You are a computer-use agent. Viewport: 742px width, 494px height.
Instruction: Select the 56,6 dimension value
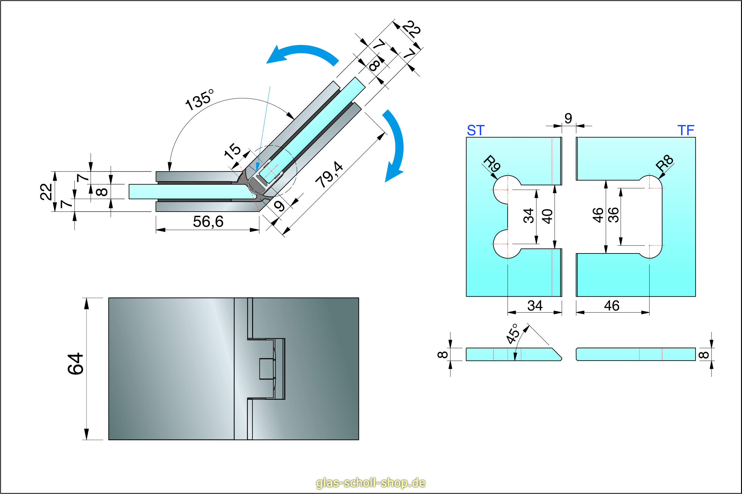coord(208,221)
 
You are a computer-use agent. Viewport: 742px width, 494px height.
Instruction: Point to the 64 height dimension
coord(76,364)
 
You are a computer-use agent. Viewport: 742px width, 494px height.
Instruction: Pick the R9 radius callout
coord(492,164)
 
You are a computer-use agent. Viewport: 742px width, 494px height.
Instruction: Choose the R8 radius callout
coord(664,163)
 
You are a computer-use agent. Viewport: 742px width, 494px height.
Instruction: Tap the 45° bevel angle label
coord(512,334)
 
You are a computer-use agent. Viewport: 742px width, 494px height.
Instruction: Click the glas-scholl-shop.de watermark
coord(371,483)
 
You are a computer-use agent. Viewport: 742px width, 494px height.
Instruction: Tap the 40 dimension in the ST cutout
coord(547,217)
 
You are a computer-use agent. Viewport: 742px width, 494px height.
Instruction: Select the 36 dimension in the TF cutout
coord(614,215)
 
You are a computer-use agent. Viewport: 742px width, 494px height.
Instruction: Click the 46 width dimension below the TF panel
coord(612,306)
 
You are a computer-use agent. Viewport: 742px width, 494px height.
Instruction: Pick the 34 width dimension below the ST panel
coord(535,306)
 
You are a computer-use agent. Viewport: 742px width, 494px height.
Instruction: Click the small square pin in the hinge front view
coord(266,369)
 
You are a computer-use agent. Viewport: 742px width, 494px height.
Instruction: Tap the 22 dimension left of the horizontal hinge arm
coord(46,192)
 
